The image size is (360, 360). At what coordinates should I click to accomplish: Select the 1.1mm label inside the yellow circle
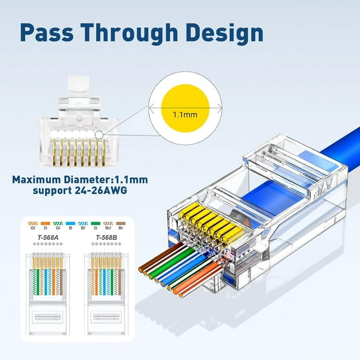click(x=185, y=115)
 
